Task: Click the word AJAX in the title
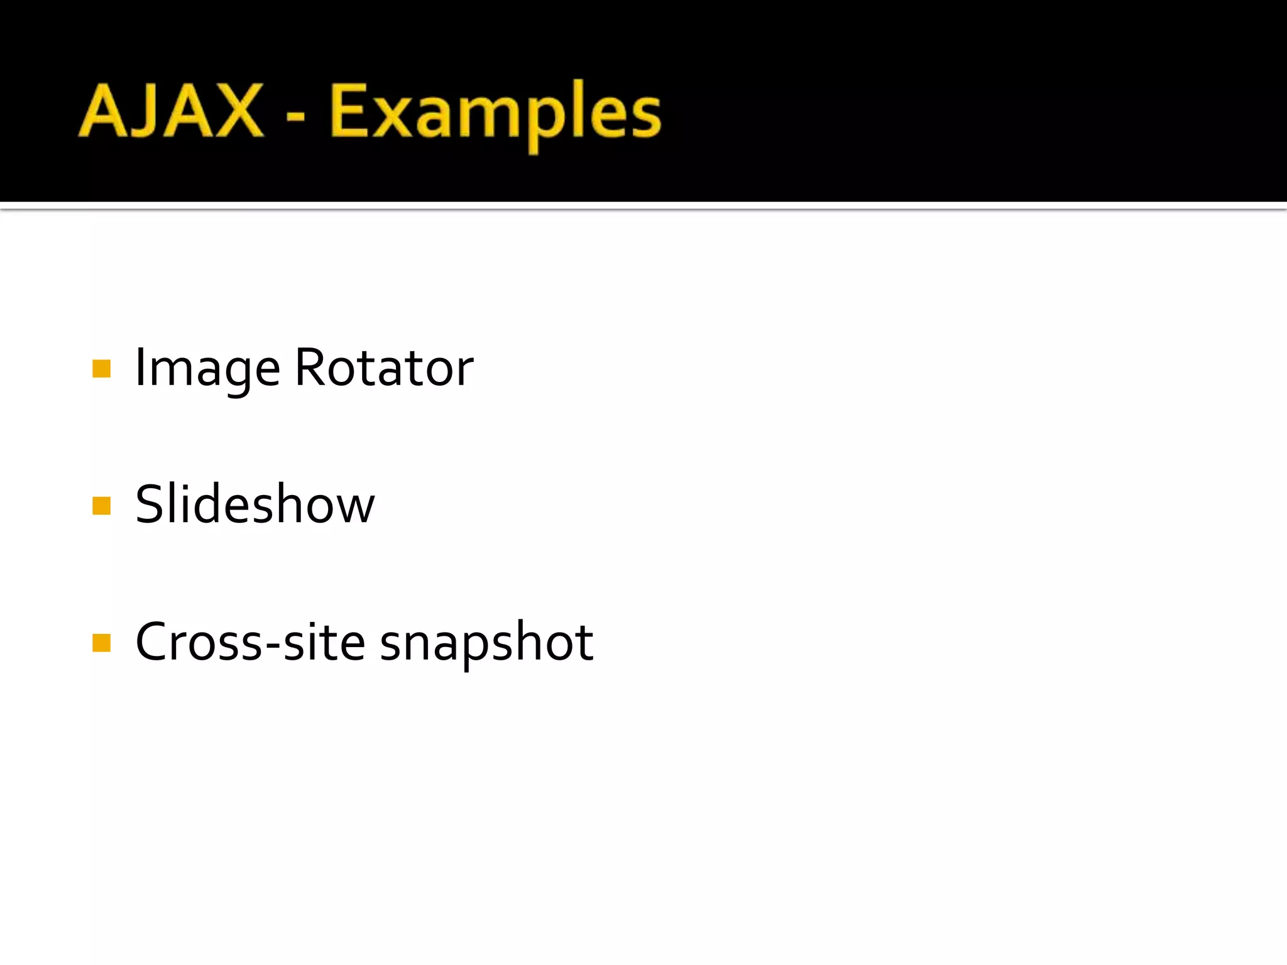(x=171, y=111)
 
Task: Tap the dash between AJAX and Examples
(x=295, y=117)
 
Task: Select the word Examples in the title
(x=495, y=113)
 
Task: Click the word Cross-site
(x=250, y=642)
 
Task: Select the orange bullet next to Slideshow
(x=101, y=505)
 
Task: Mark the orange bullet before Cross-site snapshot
(x=101, y=643)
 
